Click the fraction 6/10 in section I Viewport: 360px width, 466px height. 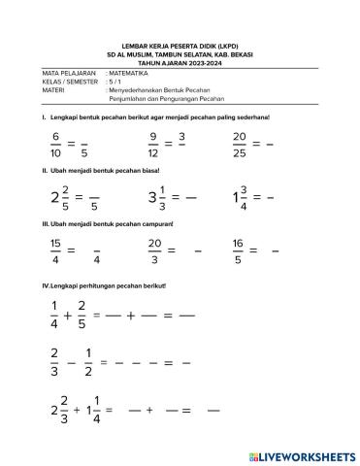click(57, 146)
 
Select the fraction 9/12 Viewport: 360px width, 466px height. click(153, 146)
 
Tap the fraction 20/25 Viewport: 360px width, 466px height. click(240, 145)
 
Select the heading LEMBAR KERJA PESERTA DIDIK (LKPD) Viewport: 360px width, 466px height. click(180, 45)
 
